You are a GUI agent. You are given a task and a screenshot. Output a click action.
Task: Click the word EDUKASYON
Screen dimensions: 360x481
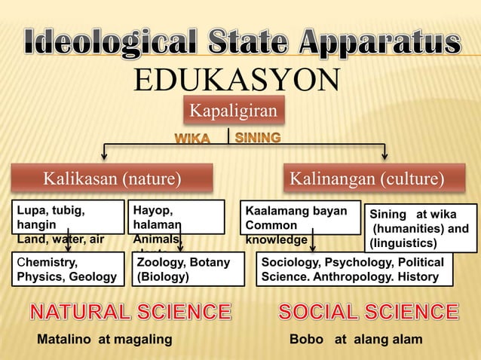236,80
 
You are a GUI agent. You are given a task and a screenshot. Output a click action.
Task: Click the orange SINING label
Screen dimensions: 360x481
259,138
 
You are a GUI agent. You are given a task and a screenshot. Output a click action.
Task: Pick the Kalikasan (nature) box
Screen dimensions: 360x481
112,179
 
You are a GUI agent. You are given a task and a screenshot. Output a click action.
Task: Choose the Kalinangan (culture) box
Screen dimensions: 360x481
367,179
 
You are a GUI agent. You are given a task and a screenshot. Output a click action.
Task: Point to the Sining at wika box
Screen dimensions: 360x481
420,228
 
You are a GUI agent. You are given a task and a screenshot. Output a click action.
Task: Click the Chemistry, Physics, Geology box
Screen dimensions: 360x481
68,269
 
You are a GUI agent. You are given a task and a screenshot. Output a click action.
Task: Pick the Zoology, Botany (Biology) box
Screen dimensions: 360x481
188,269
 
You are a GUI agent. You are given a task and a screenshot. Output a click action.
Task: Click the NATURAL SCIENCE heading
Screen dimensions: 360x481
130,312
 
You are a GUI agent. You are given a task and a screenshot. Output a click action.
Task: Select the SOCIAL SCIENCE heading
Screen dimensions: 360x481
368,312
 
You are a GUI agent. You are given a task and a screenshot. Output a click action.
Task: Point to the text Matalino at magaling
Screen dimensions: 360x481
105,340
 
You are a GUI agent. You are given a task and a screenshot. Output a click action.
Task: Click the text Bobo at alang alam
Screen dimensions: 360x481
356,340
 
